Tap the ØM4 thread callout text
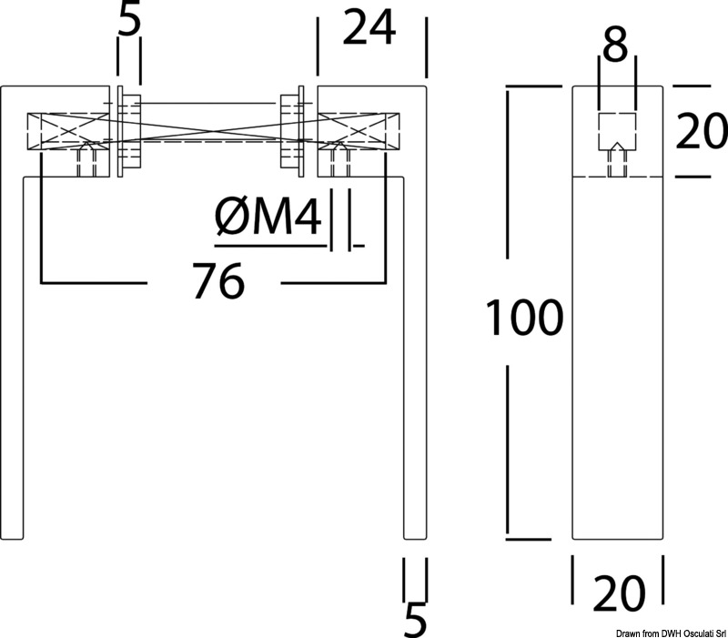pos(268,219)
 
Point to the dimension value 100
pos(523,319)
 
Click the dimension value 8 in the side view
pos(616,45)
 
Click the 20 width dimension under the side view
pos(619,594)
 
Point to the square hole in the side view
pos(616,131)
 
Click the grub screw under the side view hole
pos(616,164)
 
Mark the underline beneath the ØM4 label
pos(269,245)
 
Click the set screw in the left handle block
pos(88,161)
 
